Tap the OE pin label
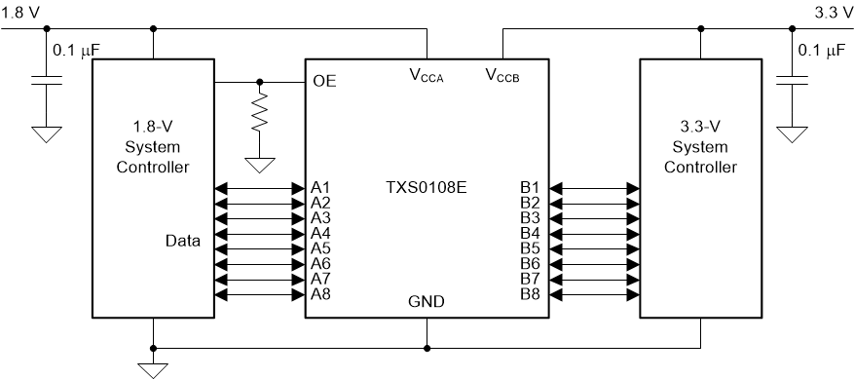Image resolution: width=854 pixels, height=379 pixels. coord(323,81)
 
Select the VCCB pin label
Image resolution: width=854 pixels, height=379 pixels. coord(502,77)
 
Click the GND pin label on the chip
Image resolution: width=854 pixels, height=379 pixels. coord(427,302)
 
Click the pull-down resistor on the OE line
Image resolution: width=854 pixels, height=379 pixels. coord(259,115)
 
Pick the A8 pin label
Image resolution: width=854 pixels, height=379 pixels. coord(321,293)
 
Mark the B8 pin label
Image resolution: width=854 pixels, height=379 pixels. coord(530,293)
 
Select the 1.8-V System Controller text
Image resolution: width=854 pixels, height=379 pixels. coord(153,148)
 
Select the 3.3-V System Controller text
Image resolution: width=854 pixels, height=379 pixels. coord(699,148)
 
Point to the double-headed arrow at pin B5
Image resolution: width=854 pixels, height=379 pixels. coord(591,248)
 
